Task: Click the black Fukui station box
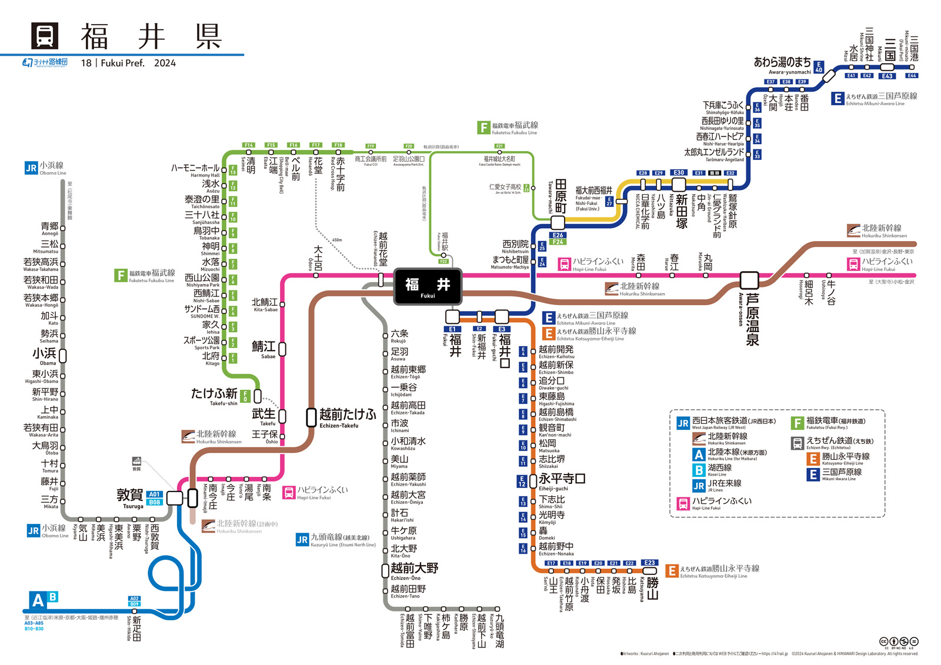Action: pos(428,286)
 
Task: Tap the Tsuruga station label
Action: pos(130,497)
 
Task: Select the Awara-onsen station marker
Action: pos(749,280)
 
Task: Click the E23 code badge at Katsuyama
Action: pos(649,563)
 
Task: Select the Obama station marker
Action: pos(62,356)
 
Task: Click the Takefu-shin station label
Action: pos(214,396)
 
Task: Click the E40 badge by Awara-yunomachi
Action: pos(819,67)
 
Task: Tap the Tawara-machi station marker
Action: pos(558,222)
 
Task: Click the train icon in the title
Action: pos(45,36)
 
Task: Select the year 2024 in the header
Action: pos(165,63)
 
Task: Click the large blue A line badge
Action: pos(37,601)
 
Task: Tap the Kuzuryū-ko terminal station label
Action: pos(499,630)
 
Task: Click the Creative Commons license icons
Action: pos(898,641)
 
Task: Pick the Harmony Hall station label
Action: pos(195,170)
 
